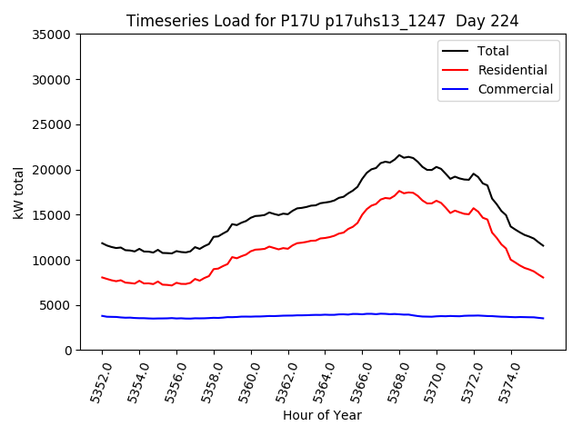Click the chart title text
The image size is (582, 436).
[323, 21]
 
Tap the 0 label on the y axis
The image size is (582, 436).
[68, 351]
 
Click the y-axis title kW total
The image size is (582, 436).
[18, 193]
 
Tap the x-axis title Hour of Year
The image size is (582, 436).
[322, 416]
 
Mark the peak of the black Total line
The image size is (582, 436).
[399, 155]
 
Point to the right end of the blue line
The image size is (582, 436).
[543, 318]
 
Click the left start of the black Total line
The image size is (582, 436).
[102, 243]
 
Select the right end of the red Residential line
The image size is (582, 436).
[543, 277]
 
